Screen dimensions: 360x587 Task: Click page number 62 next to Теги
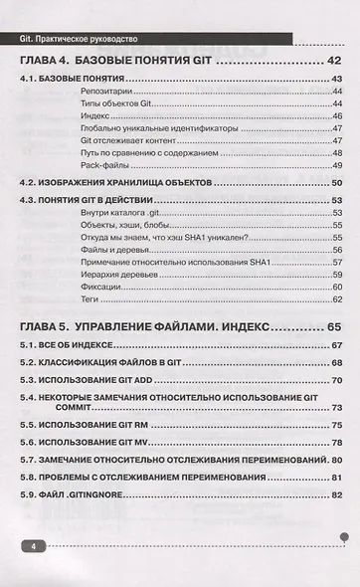tap(337, 298)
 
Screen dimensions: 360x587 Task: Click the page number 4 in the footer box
tap(34, 547)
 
